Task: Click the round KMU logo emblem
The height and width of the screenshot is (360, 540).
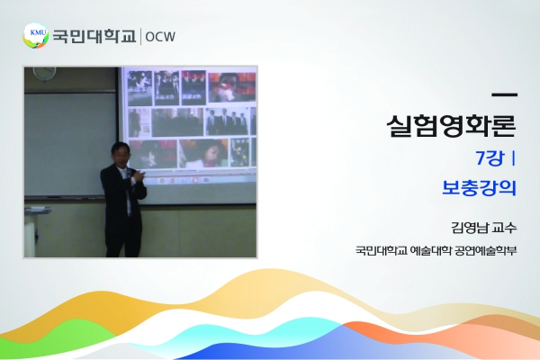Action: click(x=35, y=35)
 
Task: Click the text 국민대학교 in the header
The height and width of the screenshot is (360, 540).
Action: click(x=94, y=36)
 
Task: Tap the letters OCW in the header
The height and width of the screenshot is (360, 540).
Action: click(x=160, y=37)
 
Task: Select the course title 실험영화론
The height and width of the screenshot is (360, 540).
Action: click(x=452, y=125)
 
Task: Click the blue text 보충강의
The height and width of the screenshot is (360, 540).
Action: click(x=479, y=188)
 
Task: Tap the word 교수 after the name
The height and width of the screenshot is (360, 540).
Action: click(x=505, y=228)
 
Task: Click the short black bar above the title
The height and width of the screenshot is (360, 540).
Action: click(x=505, y=94)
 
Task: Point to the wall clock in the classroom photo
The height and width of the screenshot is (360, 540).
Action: click(x=44, y=72)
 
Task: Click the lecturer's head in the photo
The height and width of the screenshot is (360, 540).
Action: click(x=121, y=154)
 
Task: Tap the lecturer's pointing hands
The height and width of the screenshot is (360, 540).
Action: click(x=140, y=175)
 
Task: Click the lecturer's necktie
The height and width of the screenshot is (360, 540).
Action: click(x=128, y=193)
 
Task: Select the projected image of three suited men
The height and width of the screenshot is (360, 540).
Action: click(x=227, y=121)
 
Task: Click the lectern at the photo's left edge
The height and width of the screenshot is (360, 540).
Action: click(x=35, y=230)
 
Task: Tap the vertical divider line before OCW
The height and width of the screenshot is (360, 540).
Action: click(x=140, y=37)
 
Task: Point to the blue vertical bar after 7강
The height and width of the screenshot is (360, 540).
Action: click(x=514, y=158)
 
